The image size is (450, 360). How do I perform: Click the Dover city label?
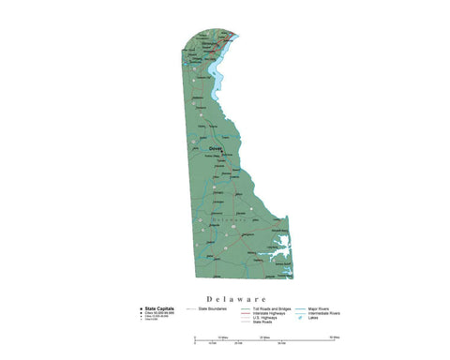click(216, 148)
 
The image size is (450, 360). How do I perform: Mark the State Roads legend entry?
click(263, 322)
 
